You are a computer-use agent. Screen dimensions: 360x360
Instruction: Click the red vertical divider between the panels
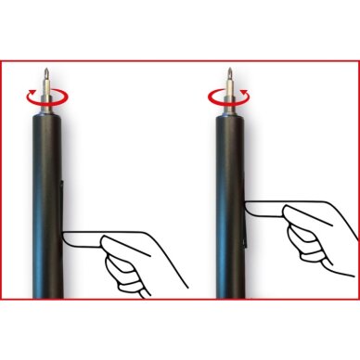pyautogui.click(x=179, y=186)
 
